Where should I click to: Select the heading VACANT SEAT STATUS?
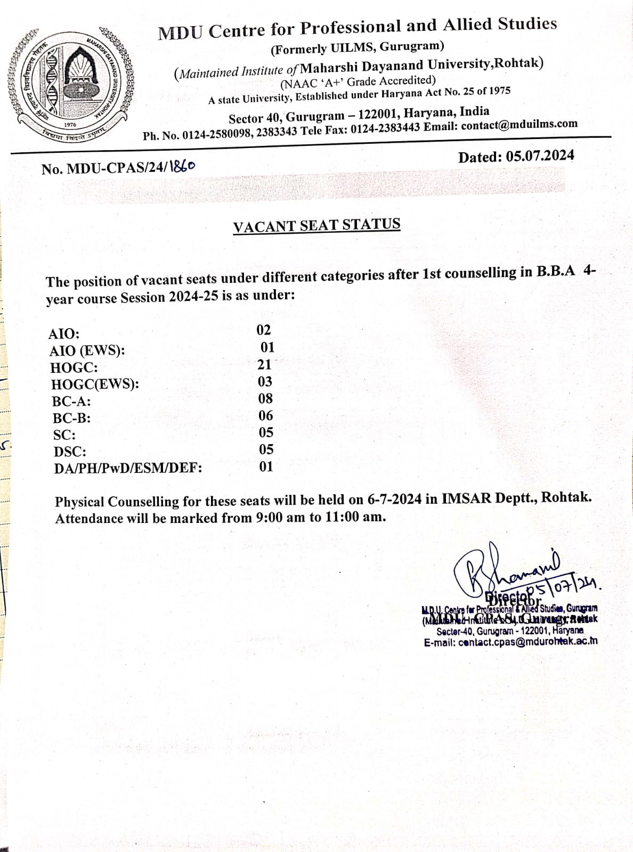(x=316, y=225)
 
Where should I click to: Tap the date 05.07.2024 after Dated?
(x=540, y=156)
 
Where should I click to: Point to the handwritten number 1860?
(x=182, y=166)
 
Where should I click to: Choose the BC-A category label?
(x=71, y=401)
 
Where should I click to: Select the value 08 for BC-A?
(x=265, y=398)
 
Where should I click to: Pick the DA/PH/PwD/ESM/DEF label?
(x=128, y=469)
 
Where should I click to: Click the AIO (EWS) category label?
(x=87, y=351)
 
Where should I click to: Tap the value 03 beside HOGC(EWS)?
(x=265, y=382)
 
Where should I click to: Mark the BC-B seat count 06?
(x=265, y=415)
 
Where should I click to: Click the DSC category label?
(x=70, y=452)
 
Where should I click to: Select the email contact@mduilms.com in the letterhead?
(x=520, y=125)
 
